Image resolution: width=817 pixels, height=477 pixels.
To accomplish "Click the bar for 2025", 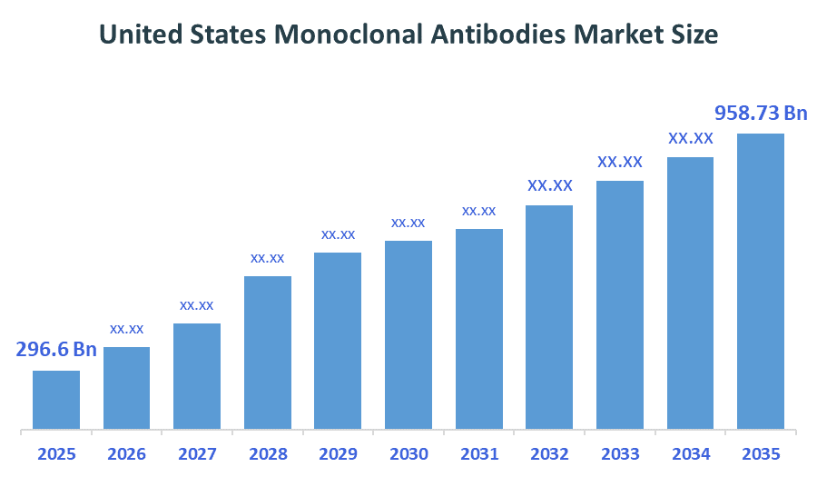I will tap(56, 400).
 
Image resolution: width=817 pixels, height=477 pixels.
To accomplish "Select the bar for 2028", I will tap(268, 353).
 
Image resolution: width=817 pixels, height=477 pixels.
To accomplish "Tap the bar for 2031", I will tap(479, 329).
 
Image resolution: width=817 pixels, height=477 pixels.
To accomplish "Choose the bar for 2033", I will tap(620, 305).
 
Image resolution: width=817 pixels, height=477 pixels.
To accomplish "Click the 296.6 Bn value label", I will tap(56, 350).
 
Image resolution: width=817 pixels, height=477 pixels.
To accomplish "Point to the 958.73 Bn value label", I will tap(761, 114).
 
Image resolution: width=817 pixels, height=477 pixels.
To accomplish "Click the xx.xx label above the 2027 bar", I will tap(197, 305).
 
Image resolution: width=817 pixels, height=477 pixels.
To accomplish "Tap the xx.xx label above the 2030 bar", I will tap(408, 223).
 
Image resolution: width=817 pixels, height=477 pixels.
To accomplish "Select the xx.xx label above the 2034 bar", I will tap(691, 139).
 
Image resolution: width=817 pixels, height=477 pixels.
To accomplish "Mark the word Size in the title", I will tap(694, 35).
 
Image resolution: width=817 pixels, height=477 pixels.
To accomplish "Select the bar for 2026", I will tap(126, 388).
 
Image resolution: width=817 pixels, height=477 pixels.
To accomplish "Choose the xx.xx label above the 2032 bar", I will tap(550, 186).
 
